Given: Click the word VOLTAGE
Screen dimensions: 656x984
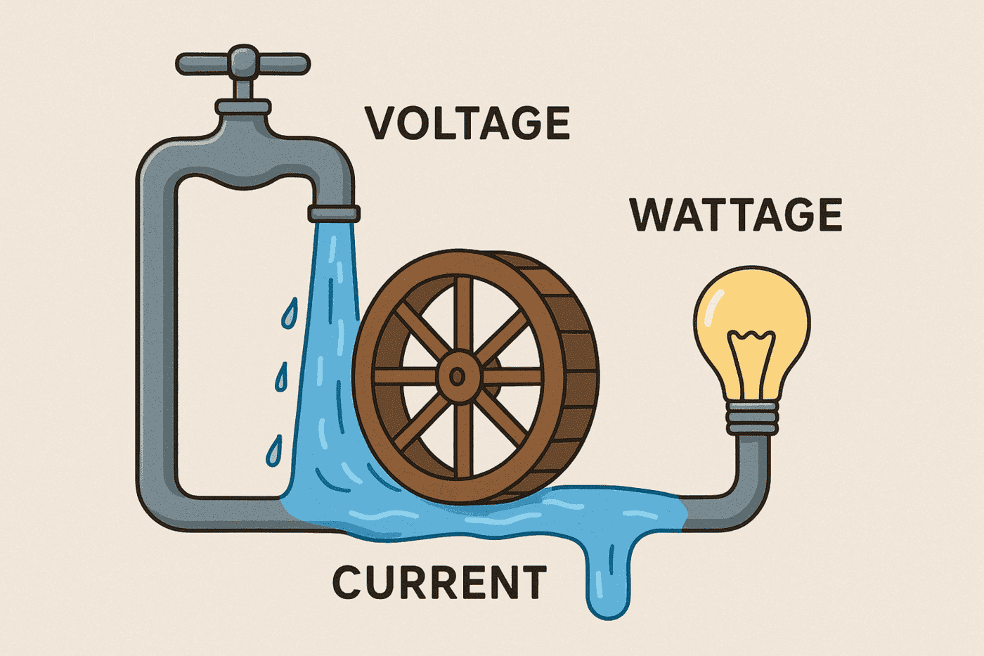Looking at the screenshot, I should [x=467, y=124].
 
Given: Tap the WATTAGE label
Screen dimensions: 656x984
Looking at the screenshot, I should [x=735, y=214].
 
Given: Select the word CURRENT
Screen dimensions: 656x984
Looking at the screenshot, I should [x=439, y=583].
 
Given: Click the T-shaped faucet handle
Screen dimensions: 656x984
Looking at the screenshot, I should [x=242, y=63].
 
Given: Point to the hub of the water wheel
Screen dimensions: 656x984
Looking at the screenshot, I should [x=457, y=377].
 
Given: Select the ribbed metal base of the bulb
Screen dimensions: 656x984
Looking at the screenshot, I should [x=752, y=419].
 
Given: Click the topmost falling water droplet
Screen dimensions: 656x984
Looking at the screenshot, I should [x=290, y=314].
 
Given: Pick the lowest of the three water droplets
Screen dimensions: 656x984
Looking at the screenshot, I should [x=274, y=451].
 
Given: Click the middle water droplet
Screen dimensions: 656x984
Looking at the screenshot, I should [x=282, y=378].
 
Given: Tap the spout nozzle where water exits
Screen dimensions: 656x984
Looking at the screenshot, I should [x=334, y=213].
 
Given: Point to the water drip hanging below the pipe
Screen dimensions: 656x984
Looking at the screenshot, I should [x=609, y=584].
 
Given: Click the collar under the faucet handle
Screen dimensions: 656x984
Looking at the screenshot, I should [x=242, y=107].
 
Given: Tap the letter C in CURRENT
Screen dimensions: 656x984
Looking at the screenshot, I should [x=349, y=583].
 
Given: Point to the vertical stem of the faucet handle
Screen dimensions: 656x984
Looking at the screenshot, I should [x=243, y=87].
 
